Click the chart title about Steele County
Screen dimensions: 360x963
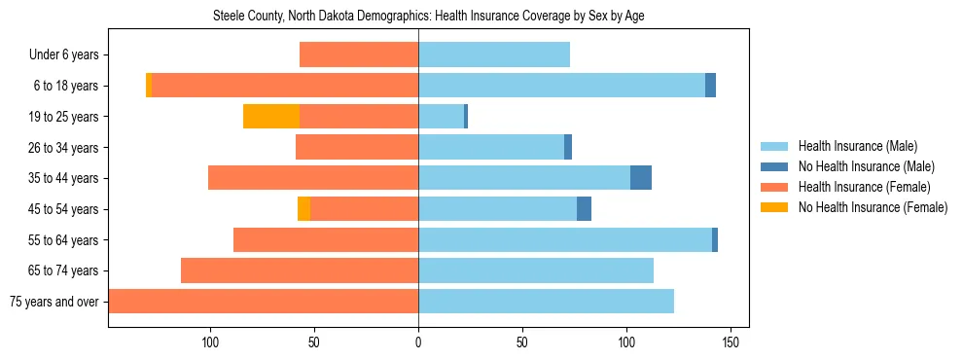(x=428, y=16)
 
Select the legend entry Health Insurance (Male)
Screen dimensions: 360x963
(x=857, y=146)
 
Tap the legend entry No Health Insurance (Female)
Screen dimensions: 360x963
(x=872, y=207)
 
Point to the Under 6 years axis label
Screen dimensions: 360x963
(x=63, y=54)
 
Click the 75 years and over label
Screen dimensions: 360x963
(x=54, y=302)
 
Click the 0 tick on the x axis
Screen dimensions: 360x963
(x=418, y=342)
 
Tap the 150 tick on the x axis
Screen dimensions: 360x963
(x=731, y=342)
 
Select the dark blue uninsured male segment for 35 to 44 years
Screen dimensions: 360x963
(x=641, y=178)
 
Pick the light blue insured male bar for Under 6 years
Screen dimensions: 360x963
(x=494, y=54)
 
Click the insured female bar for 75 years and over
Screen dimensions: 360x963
(x=264, y=302)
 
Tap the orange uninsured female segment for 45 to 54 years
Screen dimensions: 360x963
(x=303, y=209)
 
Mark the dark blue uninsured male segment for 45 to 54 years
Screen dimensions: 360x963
(x=584, y=209)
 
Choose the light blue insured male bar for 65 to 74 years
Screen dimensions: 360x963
(x=536, y=270)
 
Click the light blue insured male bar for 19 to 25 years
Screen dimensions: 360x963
(x=441, y=117)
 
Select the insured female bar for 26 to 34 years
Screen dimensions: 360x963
(x=357, y=147)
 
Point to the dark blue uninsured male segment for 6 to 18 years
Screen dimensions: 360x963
(x=710, y=86)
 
